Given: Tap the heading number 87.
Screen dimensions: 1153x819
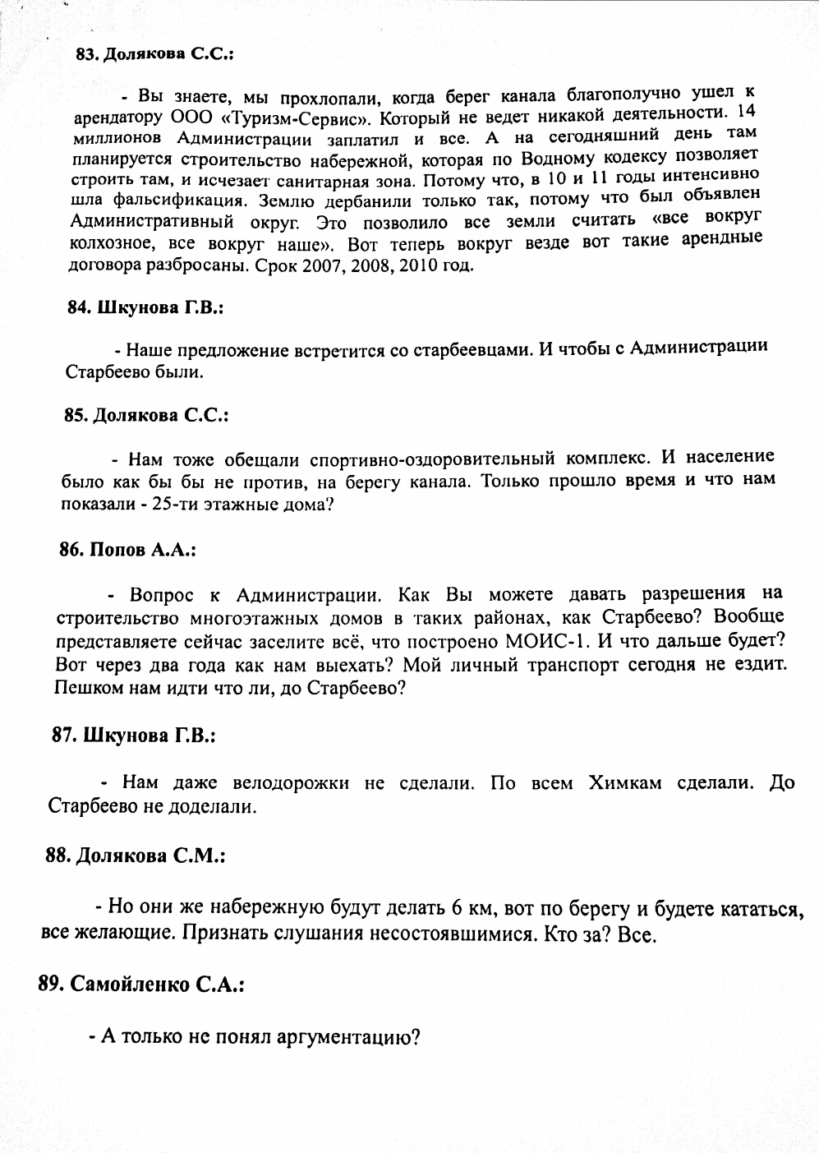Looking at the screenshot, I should click(64, 736).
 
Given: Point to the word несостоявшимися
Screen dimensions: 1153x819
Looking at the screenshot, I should click(445, 934).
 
